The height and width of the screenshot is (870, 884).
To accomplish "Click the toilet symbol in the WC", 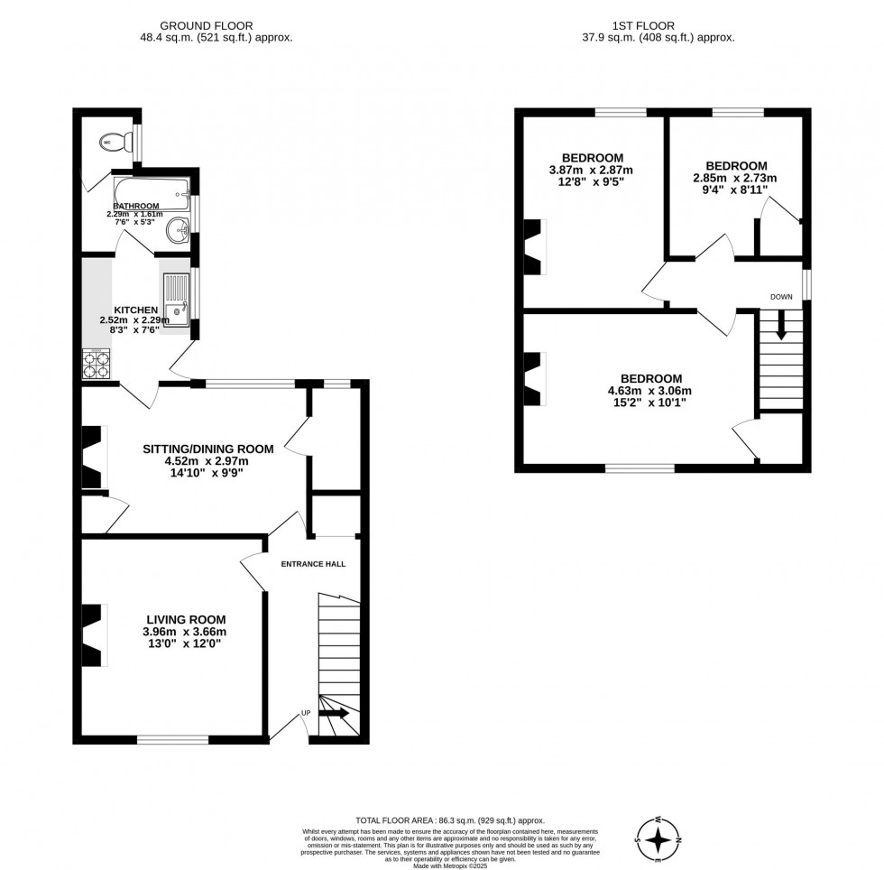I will pyautogui.click(x=123, y=142).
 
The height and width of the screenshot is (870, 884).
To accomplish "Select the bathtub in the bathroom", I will pyautogui.click(x=152, y=193).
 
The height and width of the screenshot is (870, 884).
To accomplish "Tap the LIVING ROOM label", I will pyautogui.click(x=186, y=619).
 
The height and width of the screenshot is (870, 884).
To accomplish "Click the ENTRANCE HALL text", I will pyautogui.click(x=313, y=564).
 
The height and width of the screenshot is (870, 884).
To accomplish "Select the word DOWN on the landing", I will pyautogui.click(x=781, y=297).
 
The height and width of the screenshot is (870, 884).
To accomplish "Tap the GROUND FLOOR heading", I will pyautogui.click(x=206, y=25).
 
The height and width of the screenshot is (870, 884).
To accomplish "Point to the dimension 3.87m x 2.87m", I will pyautogui.click(x=592, y=170).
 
